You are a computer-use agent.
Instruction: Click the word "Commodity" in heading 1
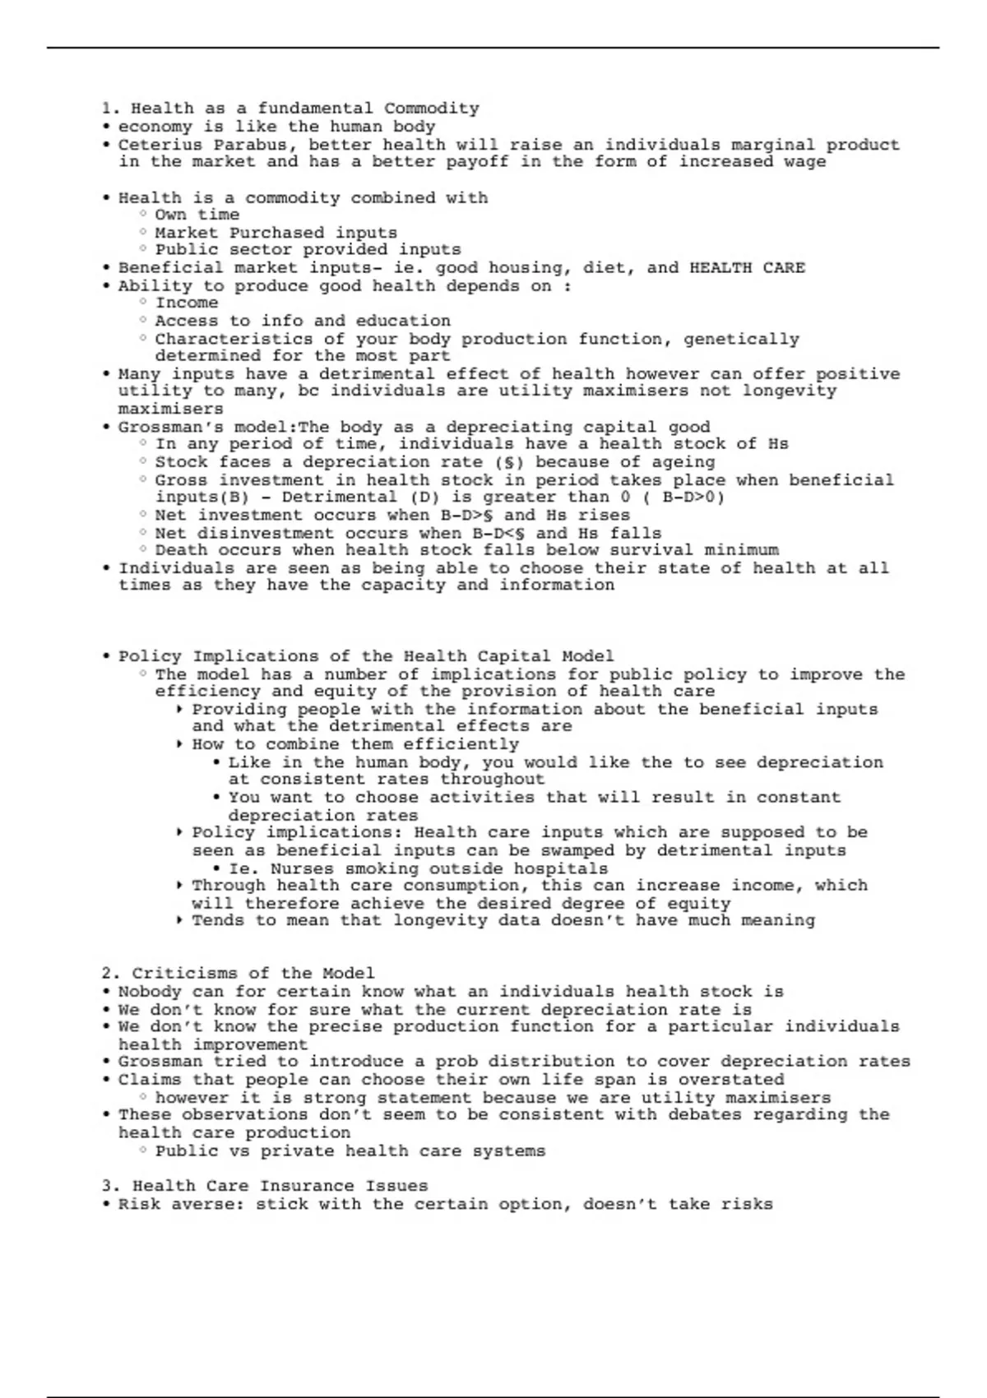pyautogui.click(x=431, y=109)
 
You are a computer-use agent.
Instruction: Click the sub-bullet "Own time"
pyautogui.click(x=197, y=215)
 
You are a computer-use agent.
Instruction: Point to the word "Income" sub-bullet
pyautogui.click(x=187, y=303)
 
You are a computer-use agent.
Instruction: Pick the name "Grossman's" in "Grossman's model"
pyautogui.click(x=161, y=428)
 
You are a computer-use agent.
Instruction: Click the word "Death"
pyautogui.click(x=181, y=550)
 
